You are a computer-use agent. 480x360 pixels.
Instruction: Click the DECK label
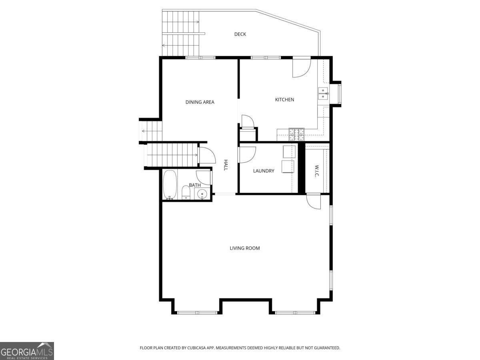[x=240, y=34]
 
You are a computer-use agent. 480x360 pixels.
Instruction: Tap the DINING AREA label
[x=200, y=102]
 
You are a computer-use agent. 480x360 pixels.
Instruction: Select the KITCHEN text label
[x=284, y=100]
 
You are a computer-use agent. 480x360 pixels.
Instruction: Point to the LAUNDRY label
[x=264, y=171]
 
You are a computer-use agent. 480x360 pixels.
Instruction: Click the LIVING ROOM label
[x=244, y=248]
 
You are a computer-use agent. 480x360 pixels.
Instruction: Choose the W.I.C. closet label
[x=316, y=171]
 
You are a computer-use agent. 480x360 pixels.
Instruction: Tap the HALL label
[x=226, y=165]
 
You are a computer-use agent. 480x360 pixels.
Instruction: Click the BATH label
[x=195, y=185]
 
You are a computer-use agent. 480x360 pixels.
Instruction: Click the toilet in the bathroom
[x=186, y=192]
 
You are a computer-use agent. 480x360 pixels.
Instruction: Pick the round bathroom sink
[x=202, y=194]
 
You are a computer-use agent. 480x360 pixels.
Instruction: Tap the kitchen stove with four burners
[x=296, y=134]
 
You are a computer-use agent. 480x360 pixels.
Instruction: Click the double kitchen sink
[x=323, y=93]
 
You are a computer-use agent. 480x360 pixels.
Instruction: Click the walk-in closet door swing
[x=314, y=201]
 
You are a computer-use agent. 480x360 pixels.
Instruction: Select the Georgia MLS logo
[x=27, y=351]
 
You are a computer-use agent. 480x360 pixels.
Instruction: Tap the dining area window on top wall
[x=200, y=58]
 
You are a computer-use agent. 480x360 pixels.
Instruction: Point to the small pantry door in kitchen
[x=246, y=121]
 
